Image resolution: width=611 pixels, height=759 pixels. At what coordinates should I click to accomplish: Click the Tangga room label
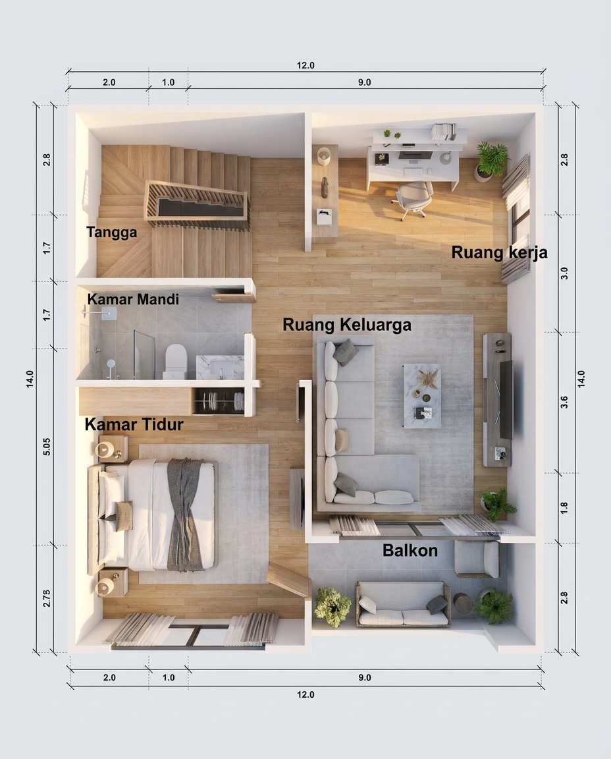(x=112, y=233)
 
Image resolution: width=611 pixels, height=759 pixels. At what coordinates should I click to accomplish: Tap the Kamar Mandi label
(x=133, y=299)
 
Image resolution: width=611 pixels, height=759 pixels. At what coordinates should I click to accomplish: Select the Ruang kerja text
(x=499, y=252)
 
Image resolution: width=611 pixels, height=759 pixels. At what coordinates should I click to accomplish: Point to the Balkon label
(x=410, y=550)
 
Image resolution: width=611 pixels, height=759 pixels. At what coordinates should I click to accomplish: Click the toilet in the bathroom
(x=175, y=360)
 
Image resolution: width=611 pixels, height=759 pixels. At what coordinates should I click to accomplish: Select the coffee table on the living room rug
(x=422, y=395)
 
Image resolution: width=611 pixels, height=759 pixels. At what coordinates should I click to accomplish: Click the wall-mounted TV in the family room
(x=506, y=399)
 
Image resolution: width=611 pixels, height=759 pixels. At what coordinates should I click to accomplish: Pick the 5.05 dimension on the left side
(x=47, y=446)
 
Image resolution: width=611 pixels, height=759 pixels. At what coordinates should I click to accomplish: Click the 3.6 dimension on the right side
(x=564, y=402)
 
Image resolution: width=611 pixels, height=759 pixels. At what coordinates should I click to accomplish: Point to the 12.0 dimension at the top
(x=305, y=65)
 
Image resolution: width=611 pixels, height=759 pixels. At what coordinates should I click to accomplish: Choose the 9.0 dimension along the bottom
(x=365, y=677)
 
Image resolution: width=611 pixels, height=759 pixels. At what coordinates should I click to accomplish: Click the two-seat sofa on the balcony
(x=403, y=605)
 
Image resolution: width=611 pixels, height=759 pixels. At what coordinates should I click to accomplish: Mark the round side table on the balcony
(x=463, y=604)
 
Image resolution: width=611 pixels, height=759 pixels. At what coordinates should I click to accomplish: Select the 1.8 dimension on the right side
(x=564, y=508)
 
